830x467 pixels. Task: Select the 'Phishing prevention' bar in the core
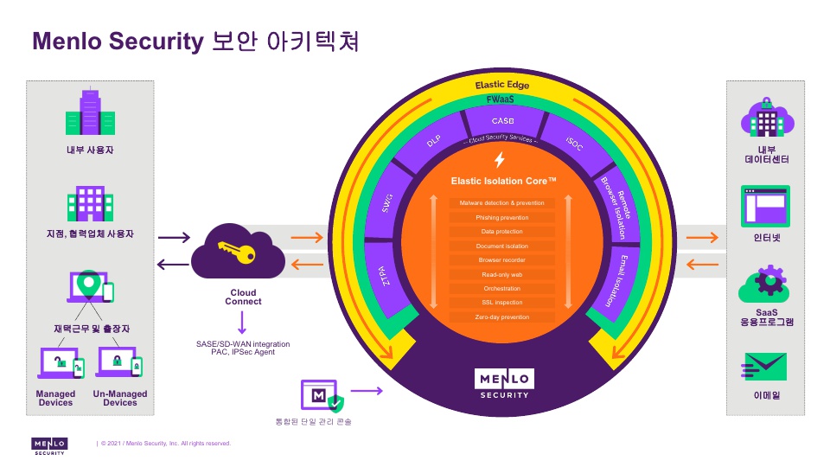501,217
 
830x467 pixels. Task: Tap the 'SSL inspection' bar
501,303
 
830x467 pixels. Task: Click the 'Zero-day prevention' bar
501,317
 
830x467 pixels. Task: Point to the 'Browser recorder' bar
501,260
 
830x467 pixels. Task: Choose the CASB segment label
502,121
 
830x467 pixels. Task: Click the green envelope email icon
765,367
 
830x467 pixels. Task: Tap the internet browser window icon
765,207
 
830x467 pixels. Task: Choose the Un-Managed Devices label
120,398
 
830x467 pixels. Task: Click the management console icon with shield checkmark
322,396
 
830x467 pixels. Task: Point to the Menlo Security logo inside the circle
505,383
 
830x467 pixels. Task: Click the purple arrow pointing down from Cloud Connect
243,324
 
